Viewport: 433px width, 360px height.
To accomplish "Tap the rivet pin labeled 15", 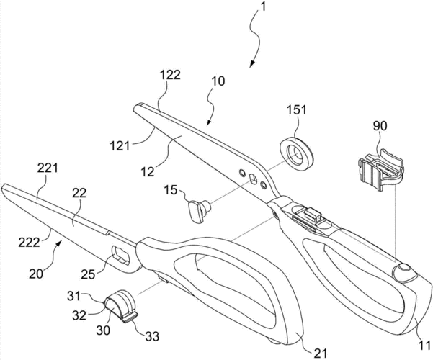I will point(198,211).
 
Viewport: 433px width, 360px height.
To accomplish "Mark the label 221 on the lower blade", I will point(48,168).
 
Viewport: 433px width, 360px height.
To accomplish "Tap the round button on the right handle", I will point(402,271).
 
